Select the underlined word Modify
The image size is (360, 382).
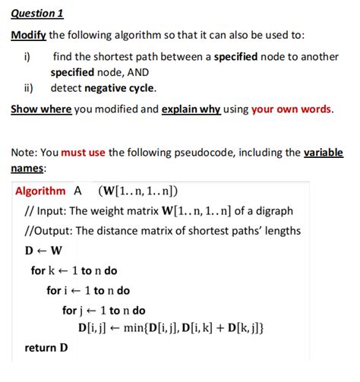(x=28, y=36)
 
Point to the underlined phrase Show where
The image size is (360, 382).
(x=41, y=109)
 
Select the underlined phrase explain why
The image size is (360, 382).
(x=191, y=109)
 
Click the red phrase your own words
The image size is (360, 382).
(x=292, y=109)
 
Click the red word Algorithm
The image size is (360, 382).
(x=40, y=191)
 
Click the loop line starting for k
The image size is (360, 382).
(x=74, y=270)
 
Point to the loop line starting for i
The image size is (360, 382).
(x=88, y=290)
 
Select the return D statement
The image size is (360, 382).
(x=46, y=348)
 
